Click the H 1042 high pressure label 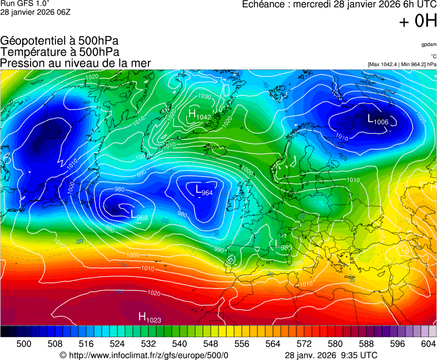tap(199, 115)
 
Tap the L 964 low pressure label tap(204, 191)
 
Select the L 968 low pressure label tap(139, 216)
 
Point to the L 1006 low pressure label tap(378, 119)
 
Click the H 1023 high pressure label tap(149, 317)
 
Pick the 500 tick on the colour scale tap(24, 344)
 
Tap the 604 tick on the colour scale tap(428, 344)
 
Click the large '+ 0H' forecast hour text tap(418, 21)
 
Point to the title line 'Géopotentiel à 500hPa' tap(59, 41)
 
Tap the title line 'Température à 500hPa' tap(59, 52)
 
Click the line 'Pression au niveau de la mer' tap(76, 63)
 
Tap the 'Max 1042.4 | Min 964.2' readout tap(402, 64)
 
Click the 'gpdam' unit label tap(428, 44)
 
